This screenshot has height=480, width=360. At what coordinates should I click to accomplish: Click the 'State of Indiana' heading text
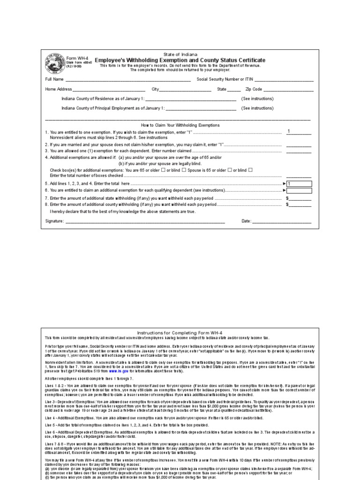click(180, 54)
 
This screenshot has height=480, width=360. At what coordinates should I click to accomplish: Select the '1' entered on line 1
click(289, 131)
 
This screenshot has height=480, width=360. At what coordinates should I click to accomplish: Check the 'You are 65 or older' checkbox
click(163, 170)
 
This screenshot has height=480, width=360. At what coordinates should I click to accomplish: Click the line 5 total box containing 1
click(299, 184)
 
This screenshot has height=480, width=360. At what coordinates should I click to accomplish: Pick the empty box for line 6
click(299, 190)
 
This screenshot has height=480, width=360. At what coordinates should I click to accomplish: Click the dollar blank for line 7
click(300, 199)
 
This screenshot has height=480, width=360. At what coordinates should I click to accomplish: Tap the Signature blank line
click(145, 221)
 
